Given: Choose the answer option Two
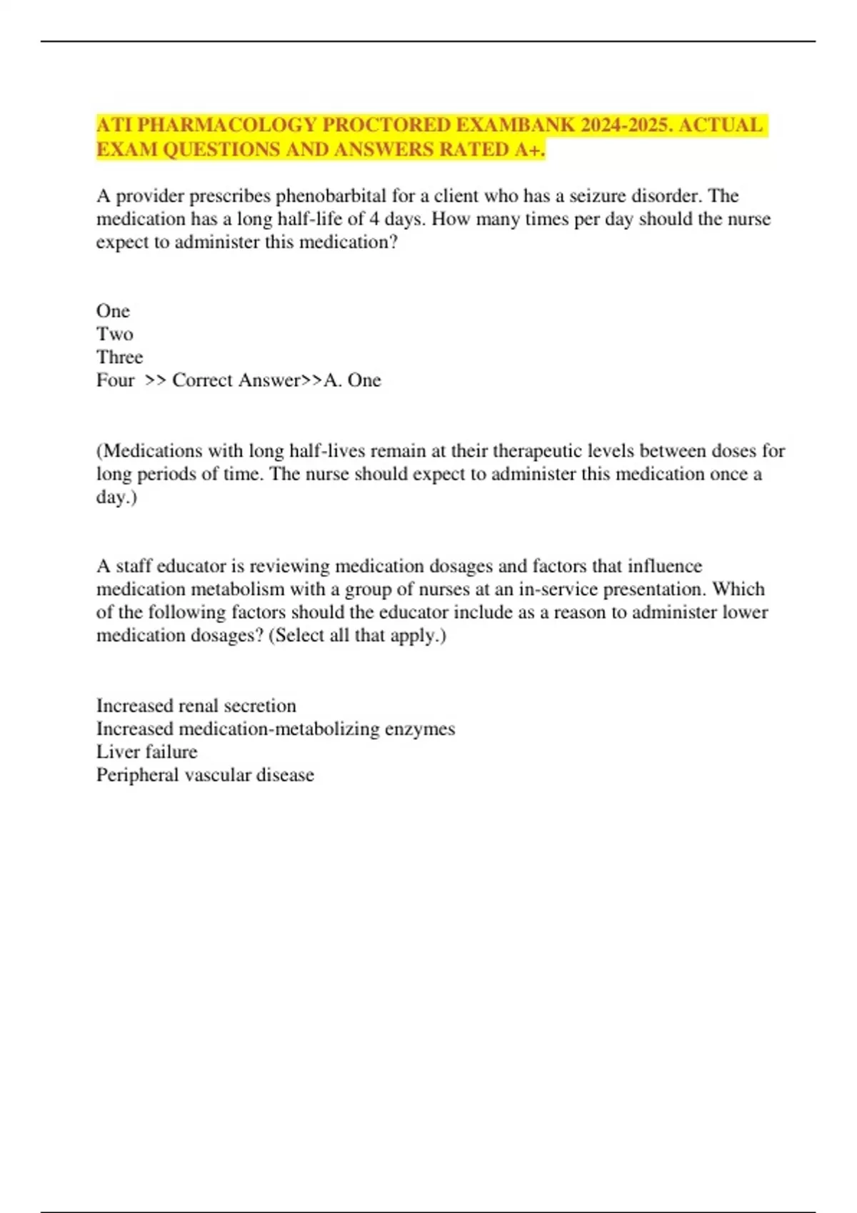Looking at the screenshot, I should click(x=114, y=334).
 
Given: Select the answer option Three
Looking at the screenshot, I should click(x=119, y=357).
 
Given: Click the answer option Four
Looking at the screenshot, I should click(x=115, y=380).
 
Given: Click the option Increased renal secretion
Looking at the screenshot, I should click(x=196, y=706).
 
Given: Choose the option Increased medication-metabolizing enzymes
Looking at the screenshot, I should click(x=275, y=729).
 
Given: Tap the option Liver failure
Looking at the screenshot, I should click(x=146, y=751).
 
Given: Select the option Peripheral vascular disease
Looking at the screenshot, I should click(x=205, y=775).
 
